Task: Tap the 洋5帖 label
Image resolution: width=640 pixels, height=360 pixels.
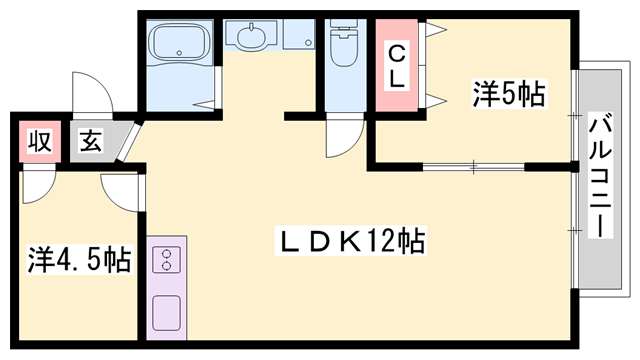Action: [x=508, y=95]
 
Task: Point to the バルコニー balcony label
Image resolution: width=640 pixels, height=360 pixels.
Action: [x=600, y=176]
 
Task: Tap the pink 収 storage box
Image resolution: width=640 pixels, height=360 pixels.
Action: [x=38, y=142]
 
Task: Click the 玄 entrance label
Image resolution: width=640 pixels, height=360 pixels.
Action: [x=90, y=142]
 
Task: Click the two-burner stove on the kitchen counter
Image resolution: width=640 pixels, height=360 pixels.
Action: [x=165, y=261]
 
